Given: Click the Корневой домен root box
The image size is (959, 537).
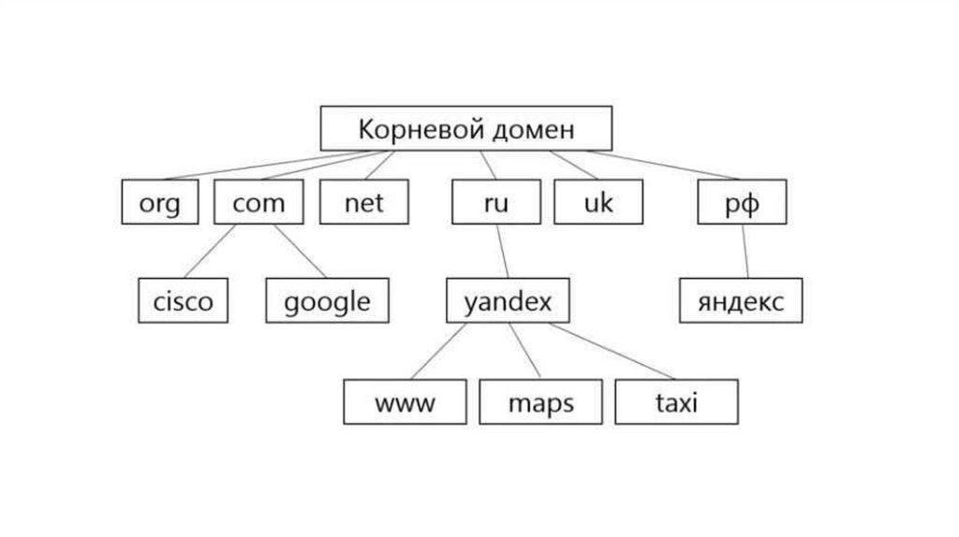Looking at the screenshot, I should click(465, 128).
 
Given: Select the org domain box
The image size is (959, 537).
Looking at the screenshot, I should click(159, 202).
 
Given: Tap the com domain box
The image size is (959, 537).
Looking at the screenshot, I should click(258, 202).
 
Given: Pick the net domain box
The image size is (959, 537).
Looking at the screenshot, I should click(363, 202).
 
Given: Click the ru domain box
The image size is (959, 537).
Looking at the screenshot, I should click(495, 202).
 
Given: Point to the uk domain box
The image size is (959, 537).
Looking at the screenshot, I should click(598, 202).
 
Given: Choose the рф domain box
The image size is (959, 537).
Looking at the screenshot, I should click(742, 202).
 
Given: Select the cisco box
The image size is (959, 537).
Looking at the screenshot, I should click(183, 300).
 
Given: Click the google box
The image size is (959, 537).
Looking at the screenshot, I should click(327, 300).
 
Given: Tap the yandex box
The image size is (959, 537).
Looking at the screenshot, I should click(508, 300).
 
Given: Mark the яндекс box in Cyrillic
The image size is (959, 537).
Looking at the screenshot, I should click(740, 300).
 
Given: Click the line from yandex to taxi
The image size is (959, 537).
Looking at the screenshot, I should click(609, 351).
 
